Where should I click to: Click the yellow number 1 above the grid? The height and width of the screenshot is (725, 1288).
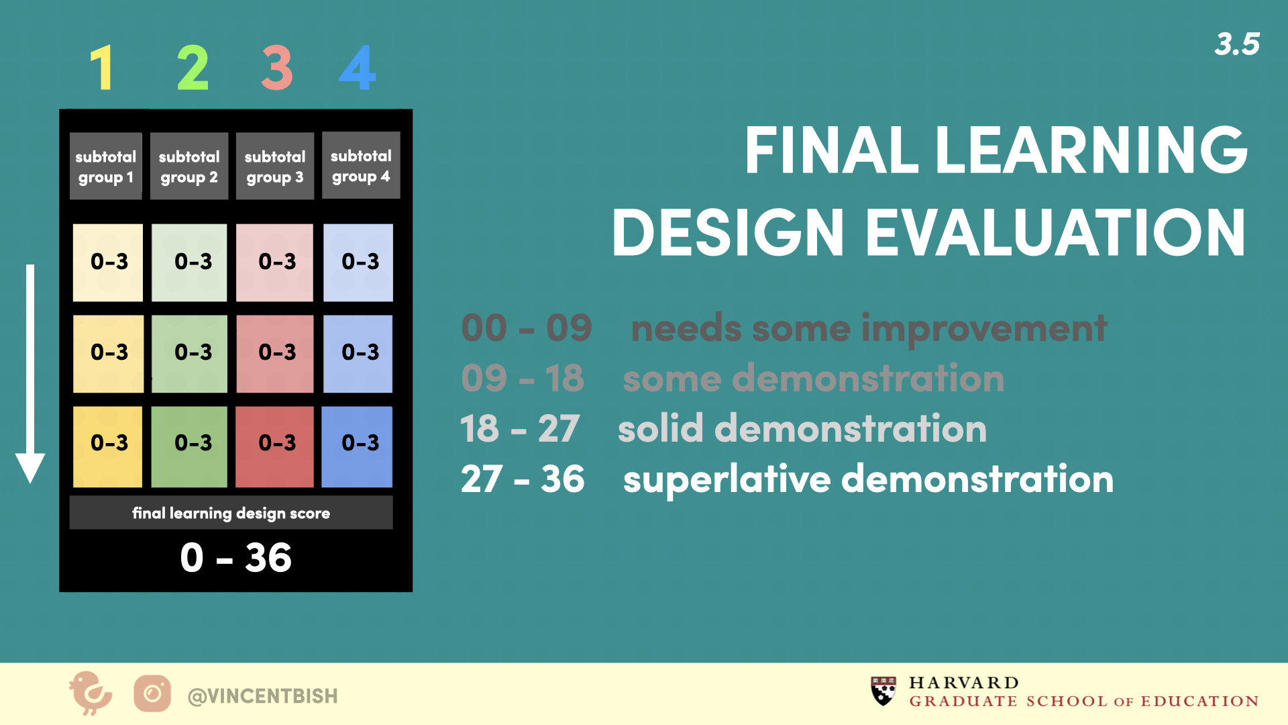102,68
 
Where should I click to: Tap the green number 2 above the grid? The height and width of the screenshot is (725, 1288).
193,68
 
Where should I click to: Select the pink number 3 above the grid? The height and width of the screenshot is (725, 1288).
276,68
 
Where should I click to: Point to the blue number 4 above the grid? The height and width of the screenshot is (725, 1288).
358,68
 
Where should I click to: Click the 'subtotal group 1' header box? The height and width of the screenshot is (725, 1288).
106,166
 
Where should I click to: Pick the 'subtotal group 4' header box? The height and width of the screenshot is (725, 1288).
361,165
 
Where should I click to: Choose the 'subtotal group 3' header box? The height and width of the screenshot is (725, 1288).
275,166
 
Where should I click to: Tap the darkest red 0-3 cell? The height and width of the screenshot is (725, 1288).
275,446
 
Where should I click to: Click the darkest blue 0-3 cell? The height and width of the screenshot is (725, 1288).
358,446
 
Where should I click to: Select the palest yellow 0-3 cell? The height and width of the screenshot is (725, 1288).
108,262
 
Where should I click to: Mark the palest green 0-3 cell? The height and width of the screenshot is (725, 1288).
189,262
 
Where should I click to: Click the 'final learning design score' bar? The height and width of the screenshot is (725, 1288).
231,513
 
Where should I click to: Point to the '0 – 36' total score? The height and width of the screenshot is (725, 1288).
236,557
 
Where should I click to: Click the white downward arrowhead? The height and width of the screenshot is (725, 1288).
30,468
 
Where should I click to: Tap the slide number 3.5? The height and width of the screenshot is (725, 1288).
1237,44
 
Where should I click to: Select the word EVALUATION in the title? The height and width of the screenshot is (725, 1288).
1056,233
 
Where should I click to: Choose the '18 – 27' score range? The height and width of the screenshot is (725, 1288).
520,428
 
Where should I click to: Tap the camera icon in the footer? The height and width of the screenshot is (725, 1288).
152,693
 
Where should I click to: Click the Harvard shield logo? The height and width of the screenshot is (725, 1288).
883,691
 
